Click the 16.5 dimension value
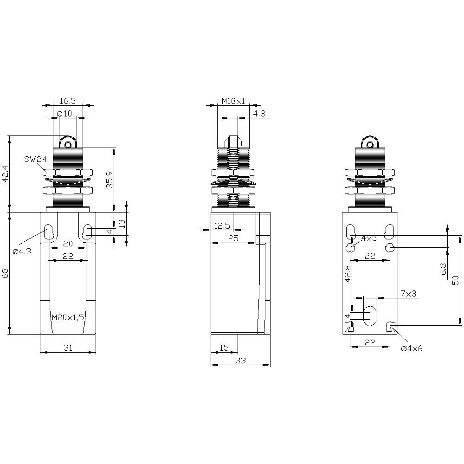pyautogui.click(x=67, y=101)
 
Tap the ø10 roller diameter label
pyautogui.click(x=64, y=113)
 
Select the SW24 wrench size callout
pyautogui.click(x=36, y=159)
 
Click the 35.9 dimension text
pyautogui.click(x=110, y=179)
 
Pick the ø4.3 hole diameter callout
pyautogui.click(x=22, y=251)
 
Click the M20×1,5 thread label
pyautogui.click(x=68, y=317)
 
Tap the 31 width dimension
pyautogui.click(x=68, y=348)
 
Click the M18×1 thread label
pyautogui.click(x=233, y=101)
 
